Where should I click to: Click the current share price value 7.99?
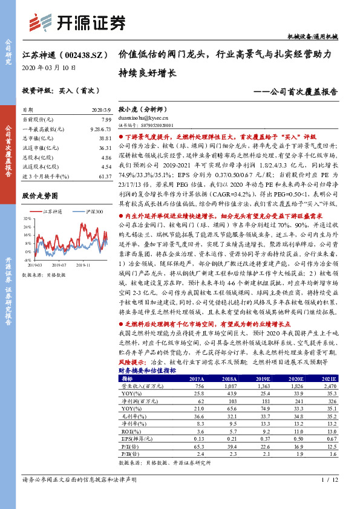point(106,120)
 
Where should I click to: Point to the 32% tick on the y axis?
point(28,219)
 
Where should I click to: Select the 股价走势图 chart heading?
point(40,196)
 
